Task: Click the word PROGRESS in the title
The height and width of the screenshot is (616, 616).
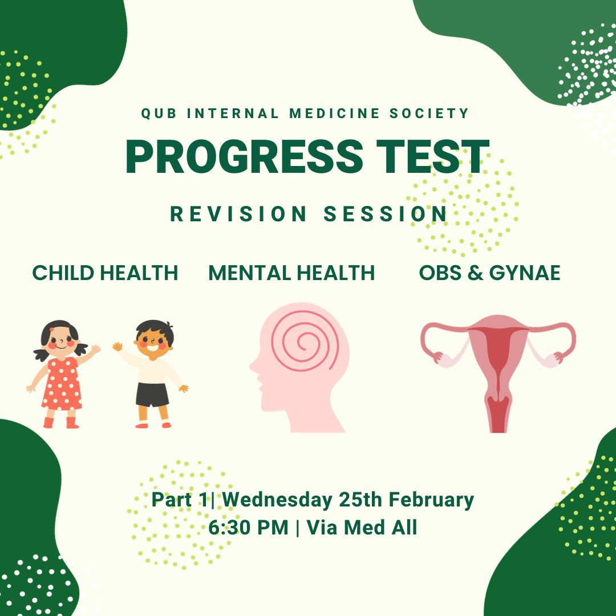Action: (244, 156)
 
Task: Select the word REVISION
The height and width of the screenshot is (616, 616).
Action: (238, 214)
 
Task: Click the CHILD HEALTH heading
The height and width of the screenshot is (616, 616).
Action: (105, 273)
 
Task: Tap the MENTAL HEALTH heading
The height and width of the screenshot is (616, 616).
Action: (291, 273)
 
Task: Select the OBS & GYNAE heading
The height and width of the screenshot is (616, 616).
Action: (489, 273)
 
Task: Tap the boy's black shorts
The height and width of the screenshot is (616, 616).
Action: (152, 395)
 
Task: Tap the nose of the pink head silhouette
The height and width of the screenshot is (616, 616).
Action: (252, 367)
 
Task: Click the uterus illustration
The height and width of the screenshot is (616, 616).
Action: (498, 373)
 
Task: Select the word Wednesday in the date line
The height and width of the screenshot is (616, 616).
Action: (277, 500)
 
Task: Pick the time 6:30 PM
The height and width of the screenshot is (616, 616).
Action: (249, 528)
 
